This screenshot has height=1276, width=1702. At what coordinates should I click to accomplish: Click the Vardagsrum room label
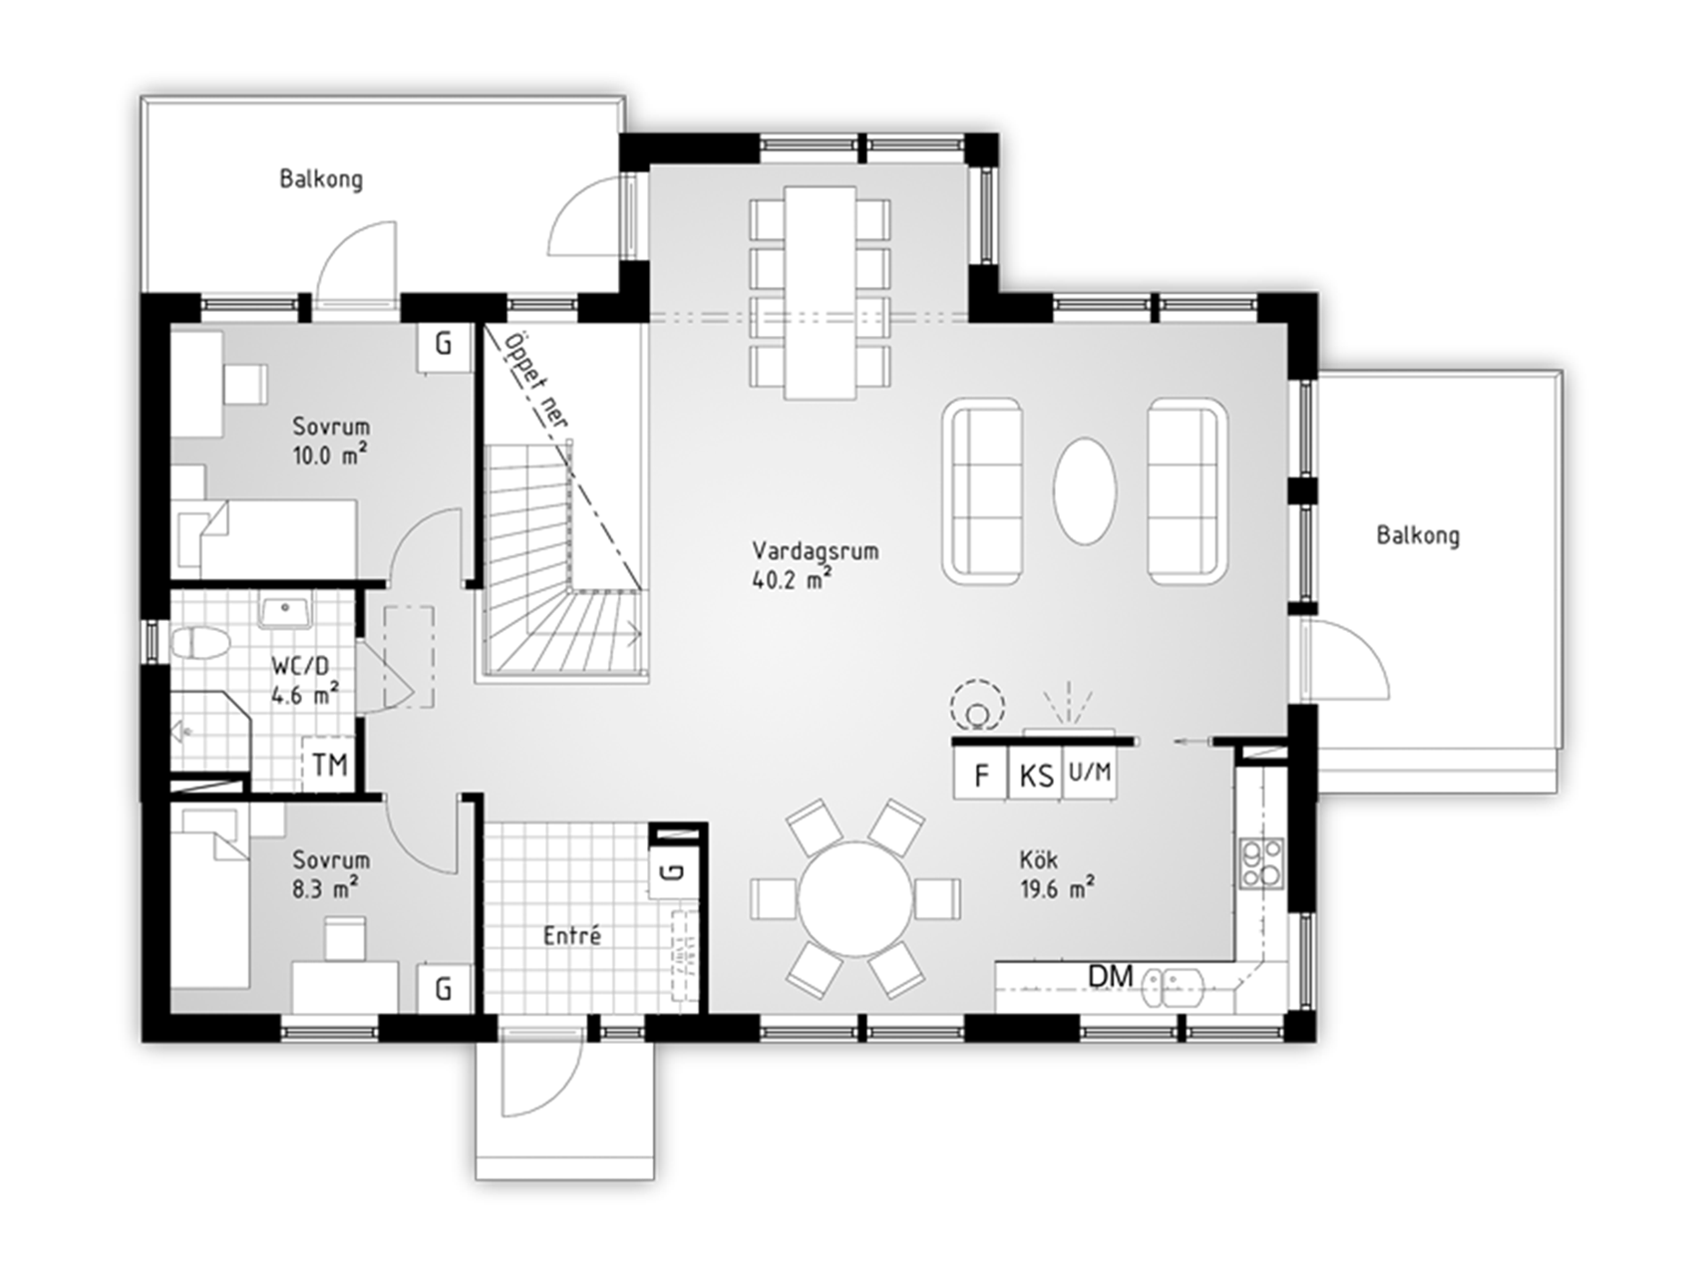tap(816, 551)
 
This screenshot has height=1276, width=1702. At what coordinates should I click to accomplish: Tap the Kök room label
tap(1039, 859)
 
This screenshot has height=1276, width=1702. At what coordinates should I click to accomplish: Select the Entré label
tap(572, 936)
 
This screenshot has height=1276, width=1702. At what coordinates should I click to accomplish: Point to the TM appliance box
tap(330, 765)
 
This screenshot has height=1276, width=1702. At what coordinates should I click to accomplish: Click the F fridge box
tap(982, 775)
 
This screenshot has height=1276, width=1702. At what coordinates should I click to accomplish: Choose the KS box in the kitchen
tap(1037, 775)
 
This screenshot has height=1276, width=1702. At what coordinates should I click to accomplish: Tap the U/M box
tap(1090, 773)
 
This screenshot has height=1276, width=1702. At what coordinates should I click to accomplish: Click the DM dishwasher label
tap(1111, 976)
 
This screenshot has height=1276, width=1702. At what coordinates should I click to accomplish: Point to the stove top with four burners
tap(1261, 863)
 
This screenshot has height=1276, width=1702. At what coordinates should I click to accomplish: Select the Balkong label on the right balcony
tap(1418, 535)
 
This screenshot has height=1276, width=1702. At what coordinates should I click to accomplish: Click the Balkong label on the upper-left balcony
tap(321, 179)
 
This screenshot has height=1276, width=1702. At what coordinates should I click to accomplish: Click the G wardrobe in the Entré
tap(674, 871)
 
